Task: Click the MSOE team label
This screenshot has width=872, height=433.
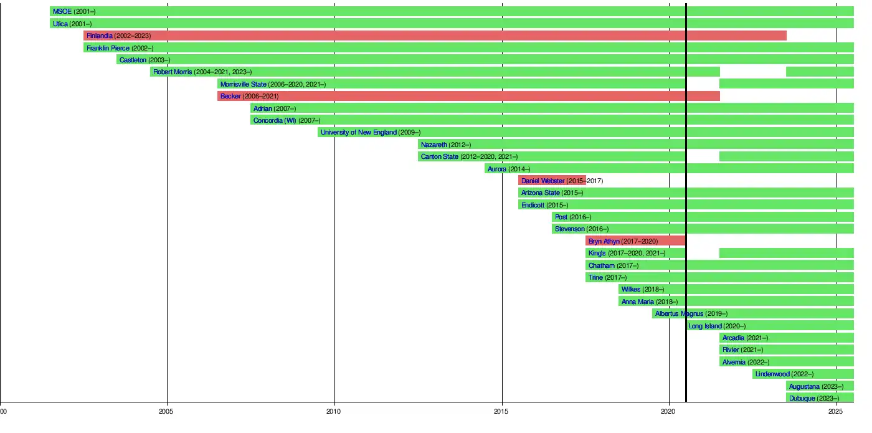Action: (x=62, y=12)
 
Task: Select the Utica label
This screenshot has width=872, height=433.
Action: (x=60, y=24)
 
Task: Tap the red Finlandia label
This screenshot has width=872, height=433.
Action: (x=100, y=36)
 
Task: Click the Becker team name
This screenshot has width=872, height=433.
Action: (x=230, y=97)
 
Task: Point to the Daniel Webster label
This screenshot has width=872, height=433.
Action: (x=543, y=181)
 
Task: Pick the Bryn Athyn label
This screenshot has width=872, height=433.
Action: (x=604, y=241)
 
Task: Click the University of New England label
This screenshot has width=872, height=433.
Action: (x=358, y=133)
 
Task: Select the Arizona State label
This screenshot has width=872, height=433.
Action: (x=540, y=193)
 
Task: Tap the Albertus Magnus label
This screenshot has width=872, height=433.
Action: (x=679, y=314)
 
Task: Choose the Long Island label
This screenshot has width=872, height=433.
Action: (x=705, y=326)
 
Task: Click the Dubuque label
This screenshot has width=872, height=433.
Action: (x=802, y=399)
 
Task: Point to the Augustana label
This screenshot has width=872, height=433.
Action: (x=804, y=386)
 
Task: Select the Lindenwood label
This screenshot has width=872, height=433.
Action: (x=772, y=374)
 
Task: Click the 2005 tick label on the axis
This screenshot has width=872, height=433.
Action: (x=166, y=411)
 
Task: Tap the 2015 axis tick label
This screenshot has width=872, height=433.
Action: (x=502, y=411)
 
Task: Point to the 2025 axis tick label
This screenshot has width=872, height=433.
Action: (x=837, y=411)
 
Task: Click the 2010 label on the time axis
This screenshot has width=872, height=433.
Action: (x=334, y=411)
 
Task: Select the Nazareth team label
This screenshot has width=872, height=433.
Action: (x=434, y=145)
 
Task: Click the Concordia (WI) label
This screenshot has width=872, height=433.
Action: (x=275, y=120)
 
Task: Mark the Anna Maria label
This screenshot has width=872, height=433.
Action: (x=638, y=302)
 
